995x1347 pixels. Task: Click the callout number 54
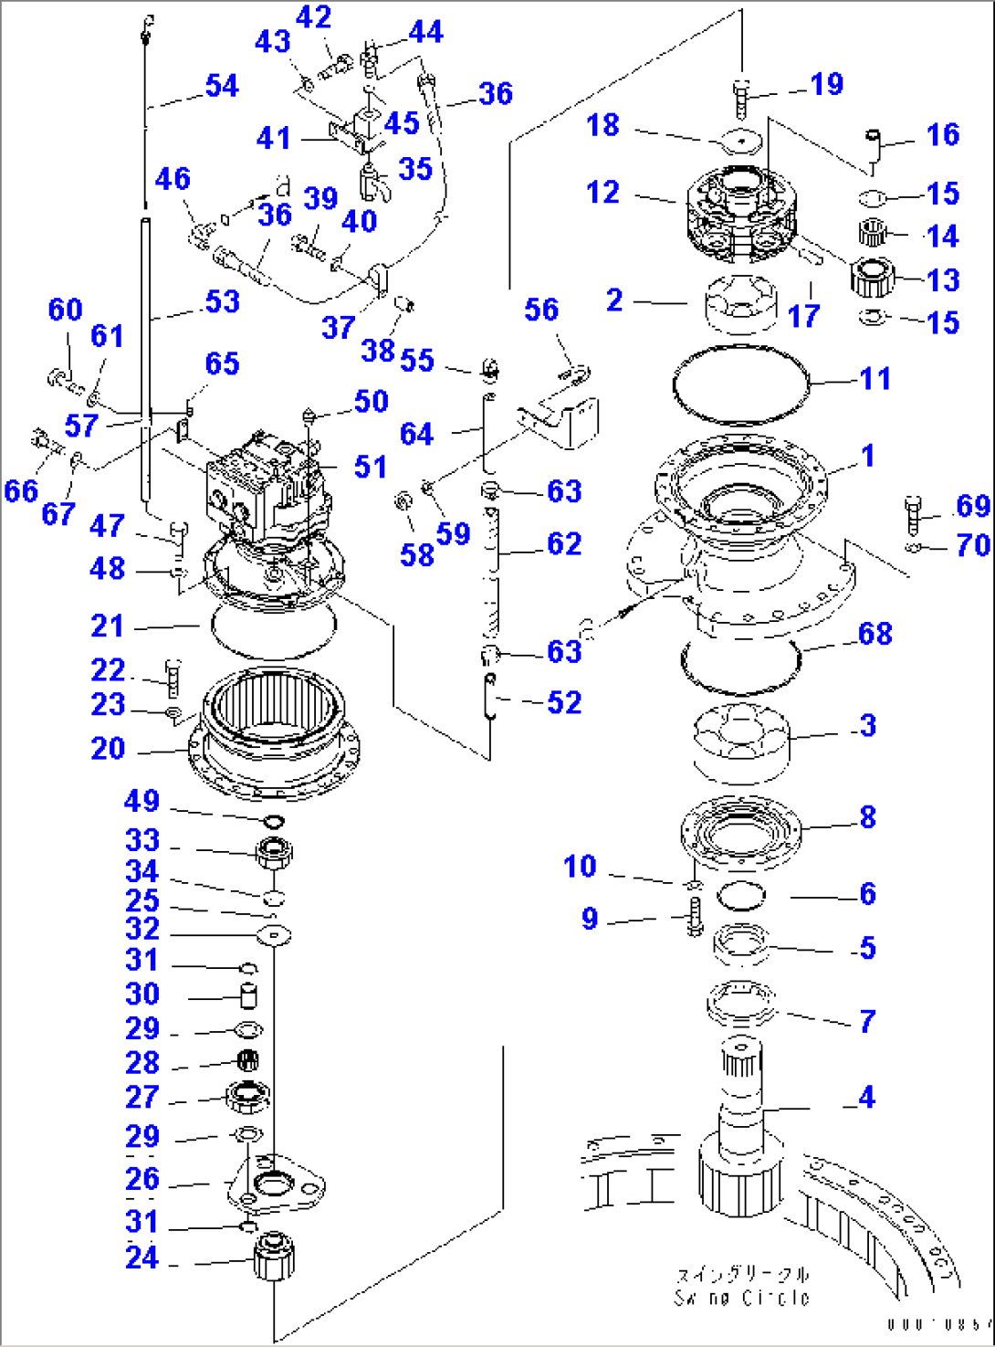222,86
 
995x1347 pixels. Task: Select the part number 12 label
602,193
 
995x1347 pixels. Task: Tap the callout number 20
108,749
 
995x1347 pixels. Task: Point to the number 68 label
875,634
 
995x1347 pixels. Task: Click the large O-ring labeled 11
740,384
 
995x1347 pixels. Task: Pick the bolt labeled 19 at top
740,97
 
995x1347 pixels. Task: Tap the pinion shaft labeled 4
741,1132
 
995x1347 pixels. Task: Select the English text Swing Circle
741,1298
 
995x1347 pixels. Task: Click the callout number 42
313,17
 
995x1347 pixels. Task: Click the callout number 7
867,1021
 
